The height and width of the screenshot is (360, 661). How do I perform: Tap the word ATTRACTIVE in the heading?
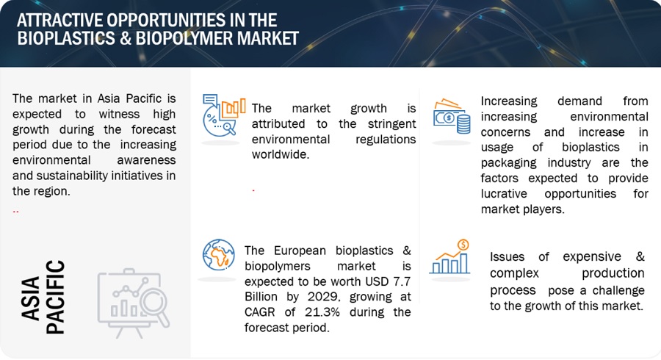point(60,21)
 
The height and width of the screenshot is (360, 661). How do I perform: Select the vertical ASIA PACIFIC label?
point(43,298)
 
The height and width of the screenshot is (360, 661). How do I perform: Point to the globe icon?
point(218,255)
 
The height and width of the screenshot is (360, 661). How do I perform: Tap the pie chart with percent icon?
point(223,115)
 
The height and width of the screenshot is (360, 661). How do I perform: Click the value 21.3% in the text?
point(323,312)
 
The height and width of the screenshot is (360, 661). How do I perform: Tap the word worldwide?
point(281,155)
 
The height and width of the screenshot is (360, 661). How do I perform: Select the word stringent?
point(392,124)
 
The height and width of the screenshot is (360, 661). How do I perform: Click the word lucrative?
point(504,194)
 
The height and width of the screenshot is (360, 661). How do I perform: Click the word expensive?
point(592,256)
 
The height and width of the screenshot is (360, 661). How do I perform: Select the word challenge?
point(618,290)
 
